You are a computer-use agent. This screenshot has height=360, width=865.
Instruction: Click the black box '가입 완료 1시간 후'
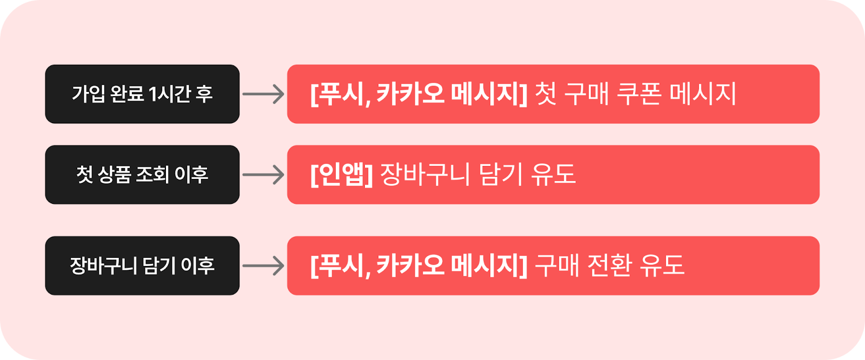click(x=142, y=94)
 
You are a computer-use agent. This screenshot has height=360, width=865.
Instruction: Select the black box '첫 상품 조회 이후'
click(x=142, y=175)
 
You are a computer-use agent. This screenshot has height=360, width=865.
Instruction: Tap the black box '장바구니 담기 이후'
click(x=142, y=265)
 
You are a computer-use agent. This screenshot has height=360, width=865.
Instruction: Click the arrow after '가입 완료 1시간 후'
click(x=263, y=94)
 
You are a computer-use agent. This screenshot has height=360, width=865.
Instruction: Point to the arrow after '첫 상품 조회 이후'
click(x=263, y=175)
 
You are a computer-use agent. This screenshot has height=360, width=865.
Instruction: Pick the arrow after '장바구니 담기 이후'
click(x=263, y=265)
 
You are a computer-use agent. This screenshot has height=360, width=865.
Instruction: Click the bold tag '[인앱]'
click(x=342, y=175)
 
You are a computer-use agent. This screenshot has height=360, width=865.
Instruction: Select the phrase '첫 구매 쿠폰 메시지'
click(x=635, y=94)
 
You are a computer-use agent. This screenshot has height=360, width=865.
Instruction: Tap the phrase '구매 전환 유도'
click(x=609, y=265)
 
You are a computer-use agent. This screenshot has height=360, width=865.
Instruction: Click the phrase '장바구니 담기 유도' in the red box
click(x=478, y=175)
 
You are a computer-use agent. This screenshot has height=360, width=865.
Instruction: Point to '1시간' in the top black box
click(x=169, y=94)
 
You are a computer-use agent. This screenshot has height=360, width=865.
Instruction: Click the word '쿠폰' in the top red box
click(x=640, y=94)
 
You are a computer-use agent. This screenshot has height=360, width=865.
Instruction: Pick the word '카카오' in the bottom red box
click(x=410, y=265)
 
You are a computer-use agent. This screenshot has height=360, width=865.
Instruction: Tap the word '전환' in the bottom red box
click(x=609, y=265)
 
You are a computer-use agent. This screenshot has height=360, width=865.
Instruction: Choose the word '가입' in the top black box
click(x=88, y=94)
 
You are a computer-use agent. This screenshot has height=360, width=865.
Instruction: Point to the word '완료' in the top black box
click(x=127, y=94)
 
